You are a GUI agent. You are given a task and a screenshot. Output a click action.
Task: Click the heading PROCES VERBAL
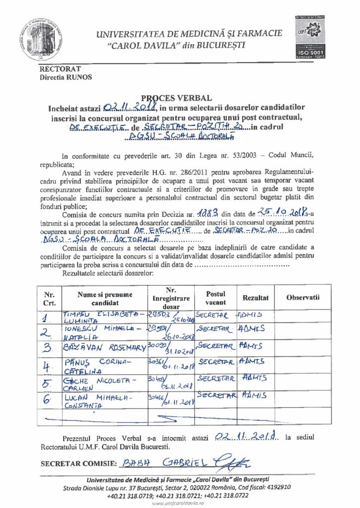coord(179,98)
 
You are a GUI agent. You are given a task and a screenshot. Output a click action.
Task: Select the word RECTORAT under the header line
coord(60,69)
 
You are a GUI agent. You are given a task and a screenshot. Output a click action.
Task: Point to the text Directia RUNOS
coord(66,76)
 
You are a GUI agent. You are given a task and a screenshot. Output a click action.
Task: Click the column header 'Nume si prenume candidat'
coord(105,298)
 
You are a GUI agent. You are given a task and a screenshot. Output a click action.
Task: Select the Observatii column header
coord(302,298)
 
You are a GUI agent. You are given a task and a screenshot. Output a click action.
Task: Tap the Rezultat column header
coord(255,298)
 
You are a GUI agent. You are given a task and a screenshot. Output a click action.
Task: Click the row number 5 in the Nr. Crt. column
coord(48,383)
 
